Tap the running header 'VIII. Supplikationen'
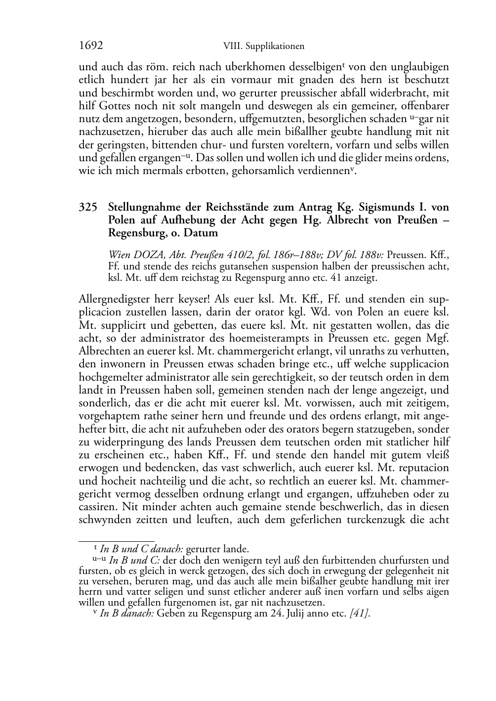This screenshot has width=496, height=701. [x=263, y=46]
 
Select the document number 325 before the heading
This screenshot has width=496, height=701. [x=87, y=207]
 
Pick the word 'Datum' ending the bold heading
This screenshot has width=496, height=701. [x=202, y=232]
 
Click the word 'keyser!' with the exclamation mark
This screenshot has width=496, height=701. [x=190, y=300]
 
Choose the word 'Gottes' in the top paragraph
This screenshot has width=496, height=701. [x=115, y=106]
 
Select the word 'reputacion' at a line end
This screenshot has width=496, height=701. [x=425, y=467]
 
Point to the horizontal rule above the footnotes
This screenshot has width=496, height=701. [x=117, y=541]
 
